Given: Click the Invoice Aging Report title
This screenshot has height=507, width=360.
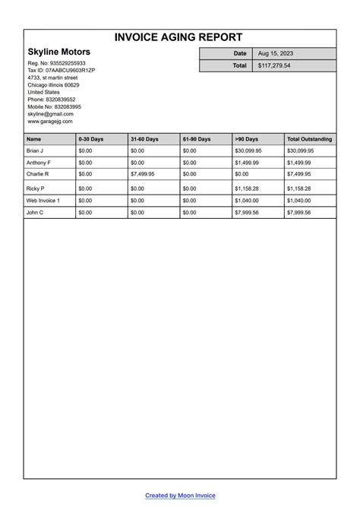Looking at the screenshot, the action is coord(179,37).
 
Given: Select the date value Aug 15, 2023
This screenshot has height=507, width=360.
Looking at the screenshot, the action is coord(276,54).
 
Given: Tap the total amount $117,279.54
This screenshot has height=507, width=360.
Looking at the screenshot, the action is coord(274,66).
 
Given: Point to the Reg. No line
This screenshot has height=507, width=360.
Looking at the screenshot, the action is coord(57,63).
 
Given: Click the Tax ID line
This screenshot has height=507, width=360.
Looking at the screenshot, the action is coord(62,70).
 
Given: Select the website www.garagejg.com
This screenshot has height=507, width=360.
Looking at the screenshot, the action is coord(50,121).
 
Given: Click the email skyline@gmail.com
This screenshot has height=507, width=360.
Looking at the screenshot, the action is coord(50,114).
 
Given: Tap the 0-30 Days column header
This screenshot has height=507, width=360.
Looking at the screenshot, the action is coord(90,139).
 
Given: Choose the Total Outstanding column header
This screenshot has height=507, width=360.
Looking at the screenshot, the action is coord(309,139).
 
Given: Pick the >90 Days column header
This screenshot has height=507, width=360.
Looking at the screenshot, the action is coord(247,139).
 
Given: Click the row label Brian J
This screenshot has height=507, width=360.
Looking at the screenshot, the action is coord(36,151).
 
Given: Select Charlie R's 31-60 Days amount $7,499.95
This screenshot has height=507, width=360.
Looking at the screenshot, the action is coord(143,174).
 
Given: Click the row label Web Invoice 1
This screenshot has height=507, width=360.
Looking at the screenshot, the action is coord(43,201).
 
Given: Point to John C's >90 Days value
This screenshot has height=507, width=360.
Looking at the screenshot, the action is coord(247,213).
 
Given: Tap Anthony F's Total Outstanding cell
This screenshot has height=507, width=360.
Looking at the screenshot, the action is coord(299,163).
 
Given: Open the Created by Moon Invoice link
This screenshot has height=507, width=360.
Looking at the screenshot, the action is coord(180,496).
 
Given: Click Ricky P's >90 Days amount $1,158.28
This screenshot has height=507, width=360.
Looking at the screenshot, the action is coord(247,189).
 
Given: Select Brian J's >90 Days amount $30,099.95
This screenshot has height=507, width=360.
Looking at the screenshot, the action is coord(248,151).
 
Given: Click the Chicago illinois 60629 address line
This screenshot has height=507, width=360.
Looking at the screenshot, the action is coord(53,85).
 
